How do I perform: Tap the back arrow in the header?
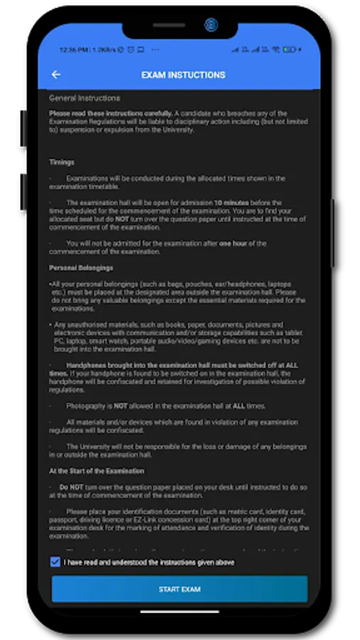click(56, 75)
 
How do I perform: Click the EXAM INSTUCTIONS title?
click(183, 75)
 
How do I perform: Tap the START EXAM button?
click(179, 590)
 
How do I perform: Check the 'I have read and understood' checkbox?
click(55, 562)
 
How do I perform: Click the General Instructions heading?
click(84, 98)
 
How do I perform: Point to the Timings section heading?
click(61, 162)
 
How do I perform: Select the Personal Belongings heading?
click(80, 268)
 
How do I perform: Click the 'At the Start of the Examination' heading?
click(96, 471)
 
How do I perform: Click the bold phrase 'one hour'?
click(235, 243)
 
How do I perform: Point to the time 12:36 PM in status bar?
click(73, 50)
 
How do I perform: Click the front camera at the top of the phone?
click(210, 25)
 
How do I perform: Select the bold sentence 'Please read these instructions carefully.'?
click(110, 114)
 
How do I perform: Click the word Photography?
click(88, 406)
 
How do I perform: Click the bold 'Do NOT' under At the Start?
click(73, 487)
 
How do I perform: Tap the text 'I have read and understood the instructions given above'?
click(149, 562)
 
